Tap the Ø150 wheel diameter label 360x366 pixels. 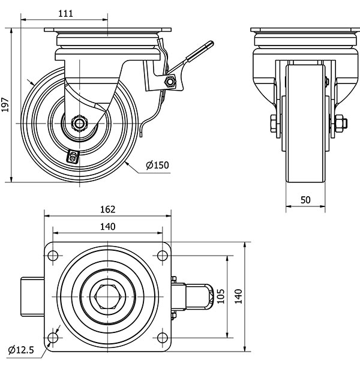tap(158, 165)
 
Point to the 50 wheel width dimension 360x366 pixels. tap(305, 200)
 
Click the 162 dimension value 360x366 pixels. tap(107, 209)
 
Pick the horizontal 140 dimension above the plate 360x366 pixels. tap(107, 226)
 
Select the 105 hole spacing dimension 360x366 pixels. tap(221, 296)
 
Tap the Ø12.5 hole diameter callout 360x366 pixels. tap(22, 350)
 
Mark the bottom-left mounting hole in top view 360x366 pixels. tap(53, 338)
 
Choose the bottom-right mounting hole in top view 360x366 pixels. tap(162, 338)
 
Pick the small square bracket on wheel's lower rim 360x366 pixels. tap(73, 157)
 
